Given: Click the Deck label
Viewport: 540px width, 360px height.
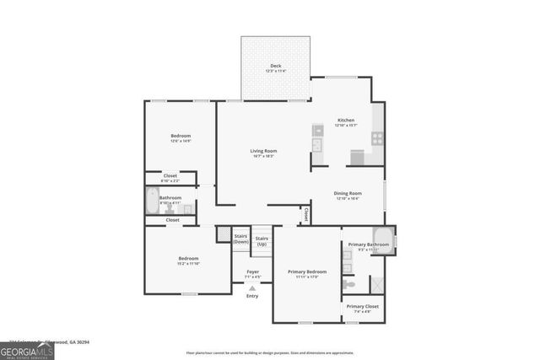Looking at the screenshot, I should (x=275, y=66).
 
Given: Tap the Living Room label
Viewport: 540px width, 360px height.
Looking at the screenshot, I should (x=263, y=151).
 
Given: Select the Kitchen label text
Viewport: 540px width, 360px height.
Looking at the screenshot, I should (x=346, y=121).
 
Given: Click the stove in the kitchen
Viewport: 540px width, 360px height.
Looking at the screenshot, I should (x=377, y=138).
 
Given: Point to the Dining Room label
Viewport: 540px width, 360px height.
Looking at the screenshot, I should (x=348, y=193).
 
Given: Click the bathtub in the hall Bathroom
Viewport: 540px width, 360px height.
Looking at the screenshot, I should (x=153, y=201).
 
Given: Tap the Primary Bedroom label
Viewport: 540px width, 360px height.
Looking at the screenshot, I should (x=306, y=271).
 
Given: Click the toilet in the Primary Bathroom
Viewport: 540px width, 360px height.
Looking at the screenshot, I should (x=349, y=284).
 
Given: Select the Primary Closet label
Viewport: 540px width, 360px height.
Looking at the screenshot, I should (x=363, y=306).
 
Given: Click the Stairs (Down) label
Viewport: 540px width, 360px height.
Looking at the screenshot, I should (x=240, y=239).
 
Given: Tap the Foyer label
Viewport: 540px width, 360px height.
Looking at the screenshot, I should (x=252, y=271).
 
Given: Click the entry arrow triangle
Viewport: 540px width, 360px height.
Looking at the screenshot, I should (x=252, y=288).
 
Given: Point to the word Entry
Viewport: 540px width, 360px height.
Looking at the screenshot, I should (x=252, y=296).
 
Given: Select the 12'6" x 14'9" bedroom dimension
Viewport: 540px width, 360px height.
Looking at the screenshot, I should (x=181, y=142).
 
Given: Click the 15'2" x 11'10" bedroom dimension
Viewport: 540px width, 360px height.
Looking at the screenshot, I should (x=187, y=263).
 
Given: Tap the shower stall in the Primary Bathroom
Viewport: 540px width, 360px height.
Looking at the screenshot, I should (x=376, y=286).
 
